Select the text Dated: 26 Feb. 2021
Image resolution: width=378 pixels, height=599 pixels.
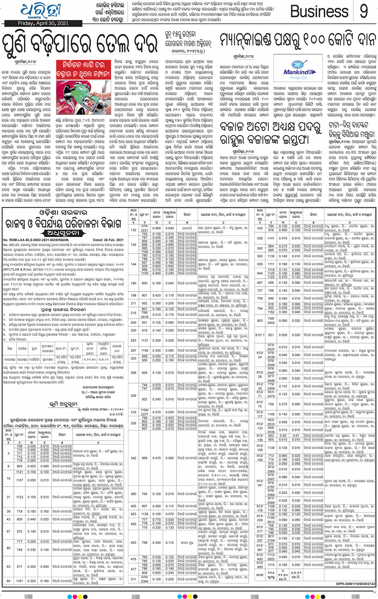(108, 240)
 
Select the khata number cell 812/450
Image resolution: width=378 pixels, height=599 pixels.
(260, 565)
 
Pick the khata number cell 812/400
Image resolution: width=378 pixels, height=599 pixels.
(260, 557)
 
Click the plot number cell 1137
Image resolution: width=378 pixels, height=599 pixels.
(144, 341)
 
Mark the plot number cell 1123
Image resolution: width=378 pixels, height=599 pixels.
(20, 497)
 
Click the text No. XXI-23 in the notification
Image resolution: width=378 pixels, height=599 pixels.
(11, 244)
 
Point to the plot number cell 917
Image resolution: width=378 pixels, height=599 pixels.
(20, 567)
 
